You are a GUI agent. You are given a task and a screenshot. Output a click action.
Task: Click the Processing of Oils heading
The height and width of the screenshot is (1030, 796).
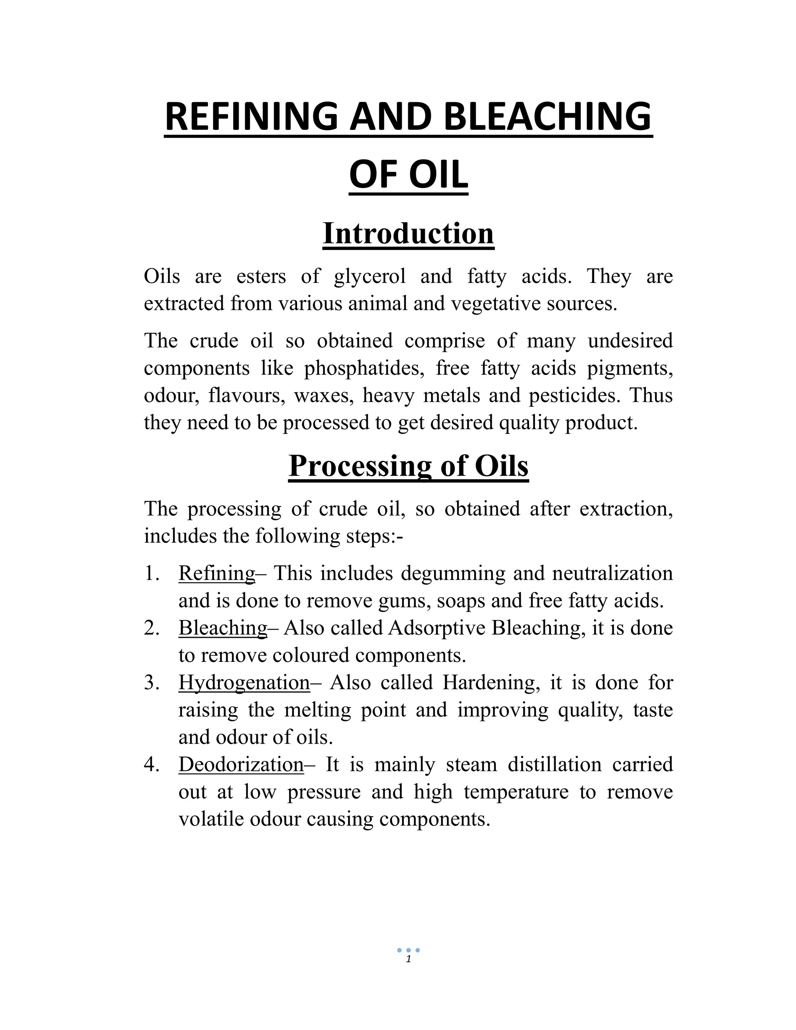point(408,466)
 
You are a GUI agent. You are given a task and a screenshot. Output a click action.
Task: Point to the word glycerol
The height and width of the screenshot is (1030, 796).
point(370,276)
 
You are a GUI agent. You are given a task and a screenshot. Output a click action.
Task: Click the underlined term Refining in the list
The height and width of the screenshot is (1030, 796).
point(216,573)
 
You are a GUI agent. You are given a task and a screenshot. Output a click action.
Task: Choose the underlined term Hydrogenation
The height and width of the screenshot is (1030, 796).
point(244,683)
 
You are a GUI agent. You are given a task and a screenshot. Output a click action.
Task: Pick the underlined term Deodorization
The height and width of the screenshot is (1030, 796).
point(241,765)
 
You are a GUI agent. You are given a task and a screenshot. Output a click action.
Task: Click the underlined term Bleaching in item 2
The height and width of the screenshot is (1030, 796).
point(223,628)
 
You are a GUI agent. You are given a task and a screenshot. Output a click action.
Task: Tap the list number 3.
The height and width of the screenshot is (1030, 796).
point(152,683)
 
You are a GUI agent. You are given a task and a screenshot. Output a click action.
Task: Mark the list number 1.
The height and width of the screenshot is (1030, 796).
point(152,573)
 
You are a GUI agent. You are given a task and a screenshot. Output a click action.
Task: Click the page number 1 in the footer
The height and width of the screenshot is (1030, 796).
point(408,959)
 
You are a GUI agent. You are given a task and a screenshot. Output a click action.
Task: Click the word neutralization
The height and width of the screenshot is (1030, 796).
point(612,573)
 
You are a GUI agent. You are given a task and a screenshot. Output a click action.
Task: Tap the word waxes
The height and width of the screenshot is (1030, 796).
point(324,395)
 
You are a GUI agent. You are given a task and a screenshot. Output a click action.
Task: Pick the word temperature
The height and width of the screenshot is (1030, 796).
point(516,792)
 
